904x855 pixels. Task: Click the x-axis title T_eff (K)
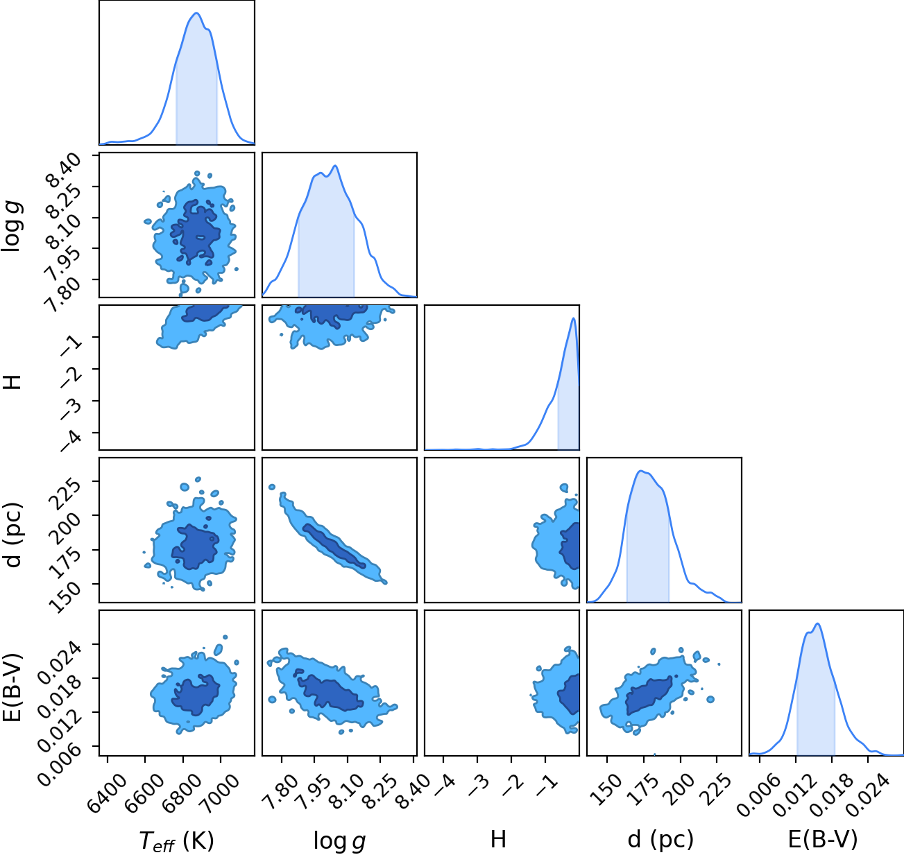point(177,840)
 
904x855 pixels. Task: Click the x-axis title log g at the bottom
point(339,841)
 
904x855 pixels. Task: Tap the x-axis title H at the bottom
point(498,839)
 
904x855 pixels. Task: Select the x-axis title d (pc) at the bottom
point(660,840)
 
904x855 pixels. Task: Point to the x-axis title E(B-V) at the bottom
point(823,840)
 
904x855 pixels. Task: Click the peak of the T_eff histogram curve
point(196,13)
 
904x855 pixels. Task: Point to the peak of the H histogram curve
point(573,318)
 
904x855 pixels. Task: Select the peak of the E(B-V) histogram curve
point(817,624)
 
